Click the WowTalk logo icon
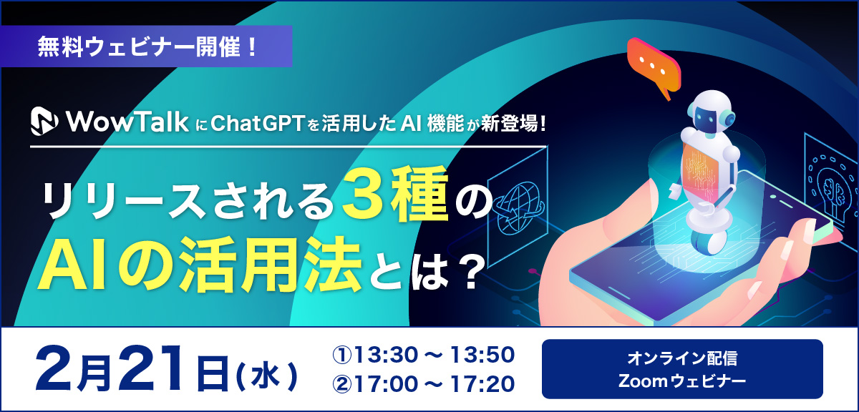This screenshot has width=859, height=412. pos(44,121)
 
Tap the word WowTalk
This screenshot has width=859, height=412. pos(127,122)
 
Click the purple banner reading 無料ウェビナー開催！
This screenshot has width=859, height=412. pos(147,46)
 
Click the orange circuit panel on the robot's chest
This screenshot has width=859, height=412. pos(700,170)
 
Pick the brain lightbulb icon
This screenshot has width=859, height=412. pos(831,189)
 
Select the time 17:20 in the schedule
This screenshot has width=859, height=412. pos(482,384)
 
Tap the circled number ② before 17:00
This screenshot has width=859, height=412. pos(341,384)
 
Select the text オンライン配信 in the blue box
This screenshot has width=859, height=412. pos(682,358)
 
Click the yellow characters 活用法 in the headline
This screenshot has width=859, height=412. pos(269,265)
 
